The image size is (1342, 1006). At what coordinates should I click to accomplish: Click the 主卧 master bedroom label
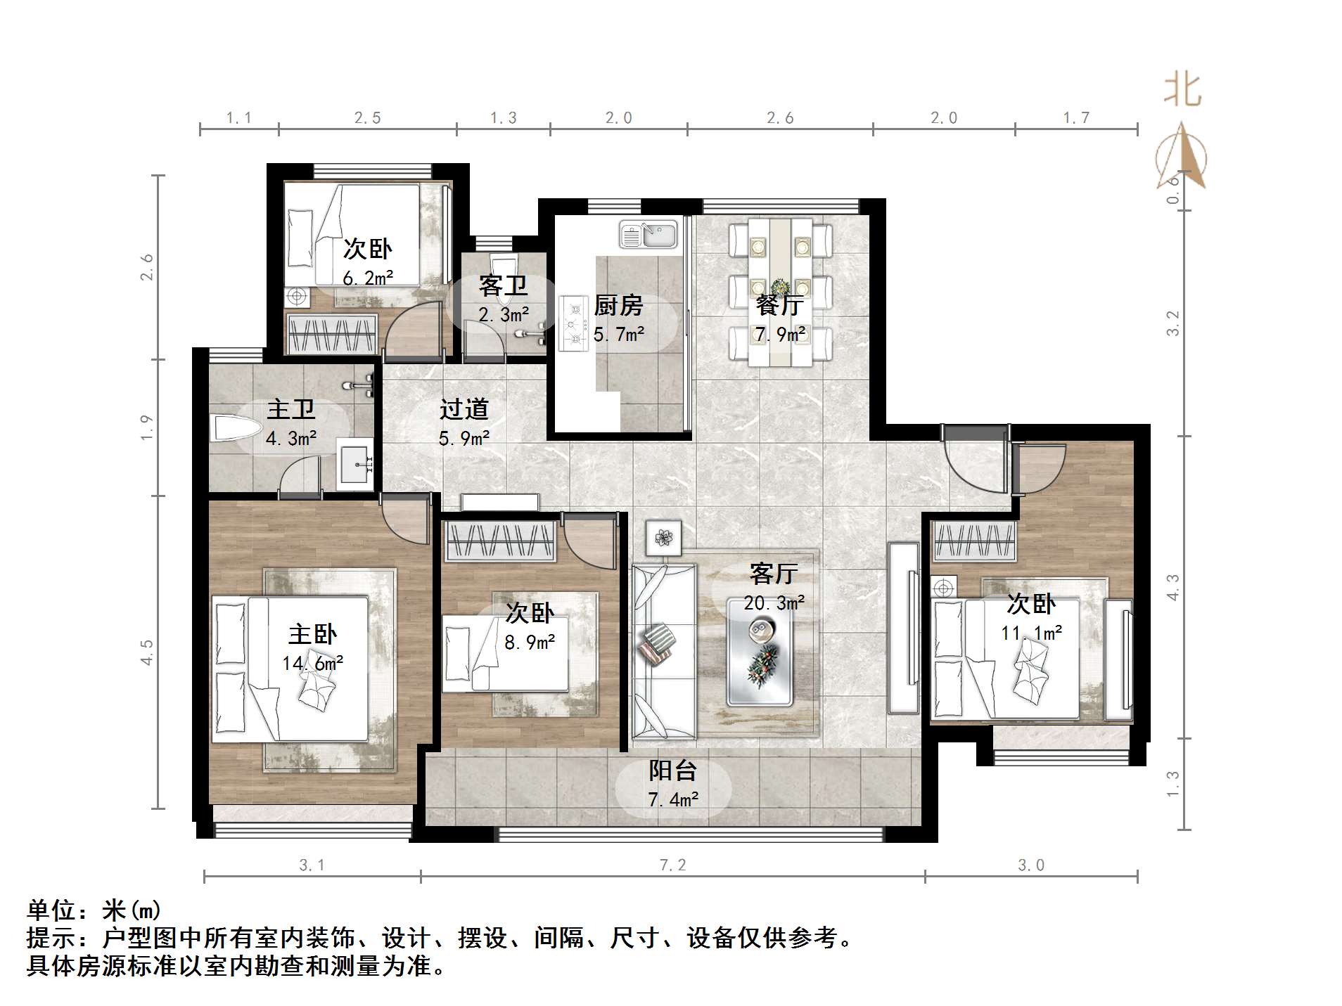(x=312, y=634)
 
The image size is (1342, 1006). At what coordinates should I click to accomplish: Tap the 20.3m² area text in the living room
(x=774, y=603)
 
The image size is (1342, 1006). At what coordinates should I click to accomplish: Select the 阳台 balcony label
(x=672, y=770)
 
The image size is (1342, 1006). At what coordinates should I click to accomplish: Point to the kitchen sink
(x=649, y=235)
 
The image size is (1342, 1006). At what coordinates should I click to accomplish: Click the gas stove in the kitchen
(x=574, y=324)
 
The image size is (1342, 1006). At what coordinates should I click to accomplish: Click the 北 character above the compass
(x=1182, y=91)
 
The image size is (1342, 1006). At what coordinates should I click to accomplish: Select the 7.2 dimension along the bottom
(x=672, y=865)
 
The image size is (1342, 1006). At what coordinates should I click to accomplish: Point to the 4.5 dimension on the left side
(x=146, y=652)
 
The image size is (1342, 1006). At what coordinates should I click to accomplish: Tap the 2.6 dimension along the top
(x=780, y=118)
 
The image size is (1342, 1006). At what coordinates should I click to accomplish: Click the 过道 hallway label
(x=464, y=409)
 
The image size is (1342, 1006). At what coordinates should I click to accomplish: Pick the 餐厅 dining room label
(x=780, y=305)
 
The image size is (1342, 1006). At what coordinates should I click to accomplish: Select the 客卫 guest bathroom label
(x=503, y=285)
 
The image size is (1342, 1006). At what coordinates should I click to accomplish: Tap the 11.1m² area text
(x=1031, y=633)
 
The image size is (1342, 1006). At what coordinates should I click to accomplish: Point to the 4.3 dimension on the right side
(x=1172, y=587)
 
